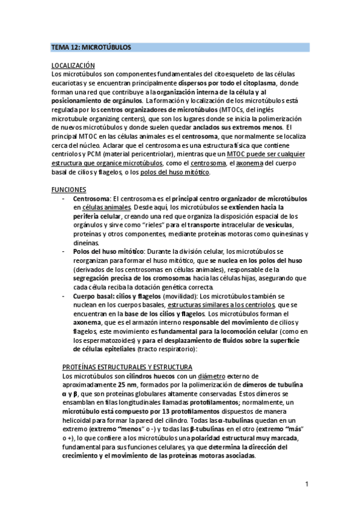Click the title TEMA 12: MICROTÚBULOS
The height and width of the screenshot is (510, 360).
pyautogui.click(x=91, y=46)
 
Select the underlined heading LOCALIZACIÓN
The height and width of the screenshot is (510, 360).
pyautogui.click(x=73, y=66)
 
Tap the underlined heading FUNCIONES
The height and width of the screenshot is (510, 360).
pyautogui.click(x=69, y=189)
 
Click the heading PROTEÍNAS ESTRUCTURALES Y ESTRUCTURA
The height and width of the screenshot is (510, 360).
pyautogui.click(x=127, y=367)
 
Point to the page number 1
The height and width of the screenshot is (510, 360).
pyautogui.click(x=307, y=484)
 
